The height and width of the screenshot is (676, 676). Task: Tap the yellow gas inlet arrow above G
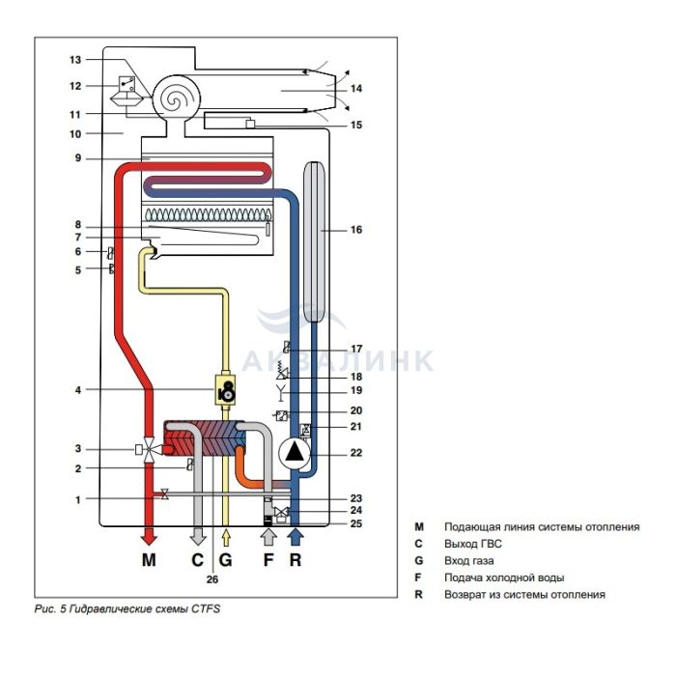pyautogui.click(x=226, y=539)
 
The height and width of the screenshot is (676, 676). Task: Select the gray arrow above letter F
pyautogui.click(x=268, y=538)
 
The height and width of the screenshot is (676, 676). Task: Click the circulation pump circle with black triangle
pyautogui.click(x=295, y=453)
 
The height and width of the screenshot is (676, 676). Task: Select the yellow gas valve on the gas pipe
pyautogui.click(x=225, y=390)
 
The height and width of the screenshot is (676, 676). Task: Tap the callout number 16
pyautogui.click(x=356, y=230)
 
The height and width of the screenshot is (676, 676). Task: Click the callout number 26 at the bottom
pyautogui.click(x=212, y=579)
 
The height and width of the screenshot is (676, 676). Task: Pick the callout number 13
pyautogui.click(x=75, y=60)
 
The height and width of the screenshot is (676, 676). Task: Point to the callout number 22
pyautogui.click(x=356, y=453)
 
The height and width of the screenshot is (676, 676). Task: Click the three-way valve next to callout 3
pyautogui.click(x=149, y=450)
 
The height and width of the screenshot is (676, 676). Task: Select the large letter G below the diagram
pyautogui.click(x=225, y=559)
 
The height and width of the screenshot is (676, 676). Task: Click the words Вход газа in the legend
pyautogui.click(x=469, y=561)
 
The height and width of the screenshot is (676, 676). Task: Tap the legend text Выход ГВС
pyautogui.click(x=473, y=544)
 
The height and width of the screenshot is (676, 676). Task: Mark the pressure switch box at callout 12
pyautogui.click(x=127, y=84)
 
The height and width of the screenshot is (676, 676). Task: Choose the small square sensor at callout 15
pyautogui.click(x=250, y=125)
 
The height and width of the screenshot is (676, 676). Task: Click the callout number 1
pyautogui.click(x=78, y=500)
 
